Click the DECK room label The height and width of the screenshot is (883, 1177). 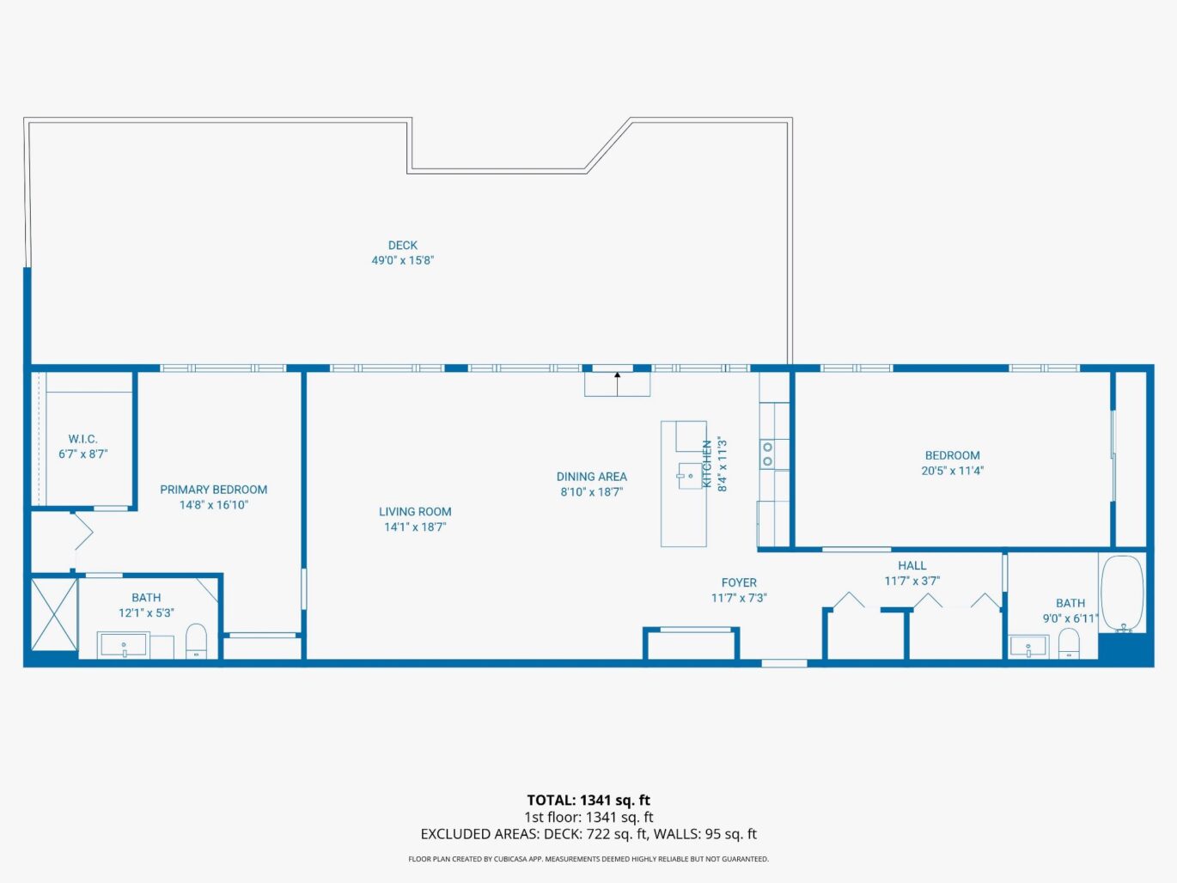pyautogui.click(x=402, y=246)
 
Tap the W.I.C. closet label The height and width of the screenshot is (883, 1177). pyautogui.click(x=82, y=439)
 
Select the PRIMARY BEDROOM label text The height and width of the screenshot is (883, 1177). pyautogui.click(x=213, y=490)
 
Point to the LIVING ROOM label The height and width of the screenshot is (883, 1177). pyautogui.click(x=415, y=512)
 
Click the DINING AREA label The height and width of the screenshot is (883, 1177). pyautogui.click(x=591, y=477)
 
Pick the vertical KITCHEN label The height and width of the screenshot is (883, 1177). pyautogui.click(x=707, y=465)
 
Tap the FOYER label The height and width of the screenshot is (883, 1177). pyautogui.click(x=739, y=582)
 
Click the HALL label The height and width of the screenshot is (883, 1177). pyautogui.click(x=912, y=565)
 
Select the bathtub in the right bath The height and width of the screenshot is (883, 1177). pyautogui.click(x=1122, y=593)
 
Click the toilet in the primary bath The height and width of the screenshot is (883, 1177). pyautogui.click(x=197, y=641)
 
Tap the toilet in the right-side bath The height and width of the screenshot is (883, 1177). pyautogui.click(x=1068, y=643)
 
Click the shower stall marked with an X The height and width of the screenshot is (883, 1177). pyautogui.click(x=53, y=614)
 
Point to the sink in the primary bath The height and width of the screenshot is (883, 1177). pyautogui.click(x=124, y=645)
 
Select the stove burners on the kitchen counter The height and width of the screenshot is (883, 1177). pyautogui.click(x=767, y=454)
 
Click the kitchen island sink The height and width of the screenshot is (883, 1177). pyautogui.click(x=690, y=475)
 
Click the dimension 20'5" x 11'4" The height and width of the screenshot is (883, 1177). pyautogui.click(x=952, y=471)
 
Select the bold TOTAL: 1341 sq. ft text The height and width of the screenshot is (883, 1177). pyautogui.click(x=588, y=801)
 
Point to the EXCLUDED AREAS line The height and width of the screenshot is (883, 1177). pyautogui.click(x=588, y=834)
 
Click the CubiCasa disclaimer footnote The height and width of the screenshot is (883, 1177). pyautogui.click(x=588, y=859)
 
